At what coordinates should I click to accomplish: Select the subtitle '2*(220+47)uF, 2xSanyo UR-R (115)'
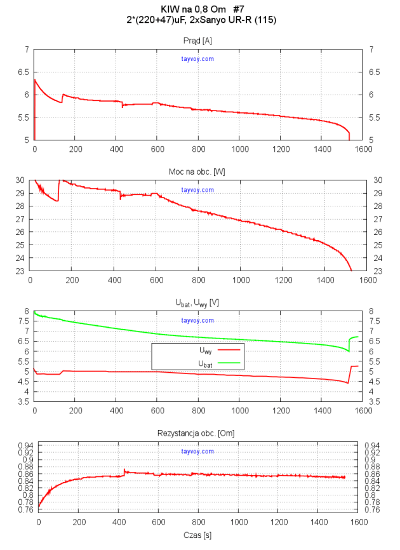(201, 20)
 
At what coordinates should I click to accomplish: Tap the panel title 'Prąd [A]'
(198, 41)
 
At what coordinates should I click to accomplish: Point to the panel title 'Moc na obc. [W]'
(198, 171)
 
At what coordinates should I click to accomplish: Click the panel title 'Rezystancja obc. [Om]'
(198, 433)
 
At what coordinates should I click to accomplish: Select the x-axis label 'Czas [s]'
(198, 535)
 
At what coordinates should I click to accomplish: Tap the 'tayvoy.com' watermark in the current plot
(197, 59)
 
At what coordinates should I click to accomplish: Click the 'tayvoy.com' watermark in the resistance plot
(197, 452)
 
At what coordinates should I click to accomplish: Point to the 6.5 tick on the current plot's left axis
(23, 72)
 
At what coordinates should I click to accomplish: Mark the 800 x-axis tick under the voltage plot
(199, 411)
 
